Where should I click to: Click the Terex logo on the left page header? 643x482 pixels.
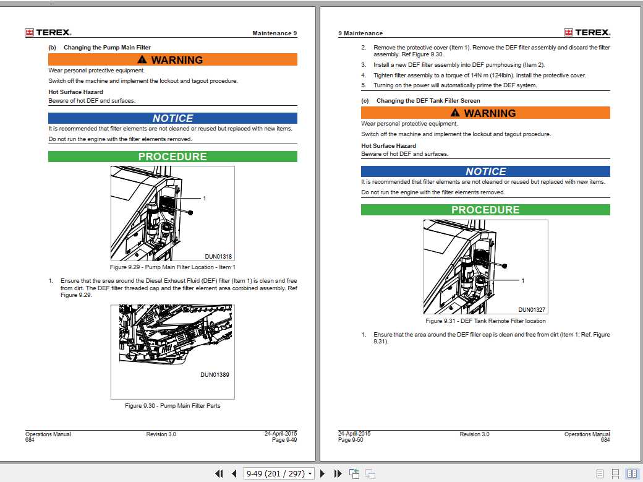(x=48, y=32)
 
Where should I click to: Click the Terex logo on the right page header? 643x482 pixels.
(x=587, y=32)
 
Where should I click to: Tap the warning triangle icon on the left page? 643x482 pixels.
(x=143, y=60)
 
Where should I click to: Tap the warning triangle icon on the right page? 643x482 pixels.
(x=456, y=113)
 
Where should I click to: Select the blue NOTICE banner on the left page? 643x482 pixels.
(x=172, y=118)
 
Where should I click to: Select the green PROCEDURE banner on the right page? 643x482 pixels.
(x=485, y=210)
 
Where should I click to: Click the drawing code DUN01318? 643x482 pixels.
(x=218, y=257)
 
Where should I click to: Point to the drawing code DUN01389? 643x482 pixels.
(x=215, y=374)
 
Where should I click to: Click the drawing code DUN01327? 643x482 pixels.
(x=531, y=310)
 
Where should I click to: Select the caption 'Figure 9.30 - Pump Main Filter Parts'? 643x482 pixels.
(x=172, y=406)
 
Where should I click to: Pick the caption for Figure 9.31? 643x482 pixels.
(x=485, y=321)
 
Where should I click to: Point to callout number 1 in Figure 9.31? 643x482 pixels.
(x=522, y=281)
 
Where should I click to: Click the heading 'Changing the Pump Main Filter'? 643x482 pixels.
(x=107, y=48)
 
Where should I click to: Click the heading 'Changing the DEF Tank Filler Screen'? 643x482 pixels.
(x=428, y=101)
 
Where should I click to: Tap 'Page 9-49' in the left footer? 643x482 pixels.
(x=284, y=440)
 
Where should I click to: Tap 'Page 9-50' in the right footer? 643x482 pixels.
(x=351, y=440)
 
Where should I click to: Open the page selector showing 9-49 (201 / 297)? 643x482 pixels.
(x=279, y=474)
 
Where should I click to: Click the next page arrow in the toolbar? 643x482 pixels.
(x=322, y=474)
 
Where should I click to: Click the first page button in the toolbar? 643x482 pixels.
(x=219, y=474)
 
